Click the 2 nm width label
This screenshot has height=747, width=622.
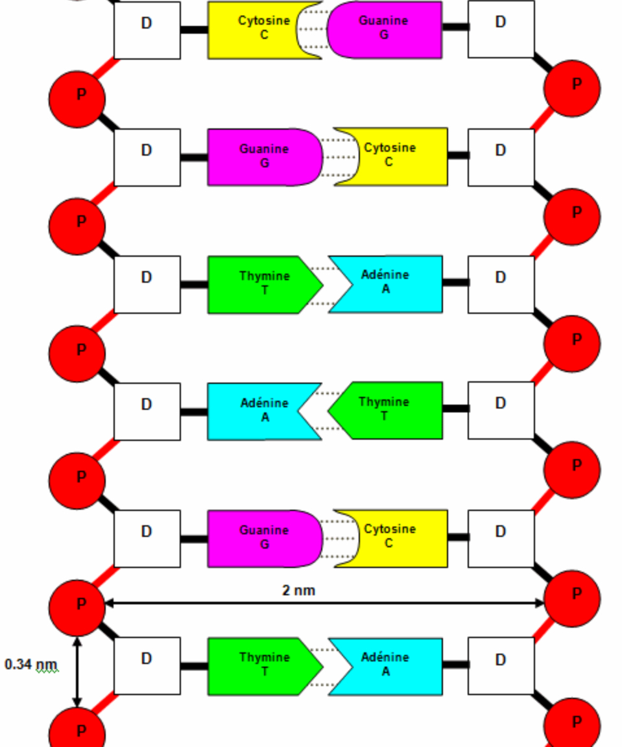click(x=298, y=590)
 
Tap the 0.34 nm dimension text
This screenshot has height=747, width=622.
click(x=31, y=664)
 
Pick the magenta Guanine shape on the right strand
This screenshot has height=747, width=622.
click(x=384, y=30)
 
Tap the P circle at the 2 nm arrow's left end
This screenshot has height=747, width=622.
click(x=77, y=608)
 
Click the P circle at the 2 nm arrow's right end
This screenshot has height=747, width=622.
click(x=572, y=599)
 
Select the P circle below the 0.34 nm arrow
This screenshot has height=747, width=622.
click(x=77, y=729)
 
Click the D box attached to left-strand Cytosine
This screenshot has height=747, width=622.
click(x=147, y=30)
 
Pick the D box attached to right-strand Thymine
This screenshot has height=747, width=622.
click(x=501, y=410)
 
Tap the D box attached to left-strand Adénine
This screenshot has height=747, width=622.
click(x=147, y=412)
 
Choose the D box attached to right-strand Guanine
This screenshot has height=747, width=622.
click(x=501, y=30)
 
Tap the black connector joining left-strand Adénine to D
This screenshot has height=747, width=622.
click(x=194, y=412)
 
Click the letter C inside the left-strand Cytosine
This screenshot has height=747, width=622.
click(x=264, y=35)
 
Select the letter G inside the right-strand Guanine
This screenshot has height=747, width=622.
click(x=384, y=35)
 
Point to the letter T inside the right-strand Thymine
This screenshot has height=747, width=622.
click(x=384, y=416)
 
